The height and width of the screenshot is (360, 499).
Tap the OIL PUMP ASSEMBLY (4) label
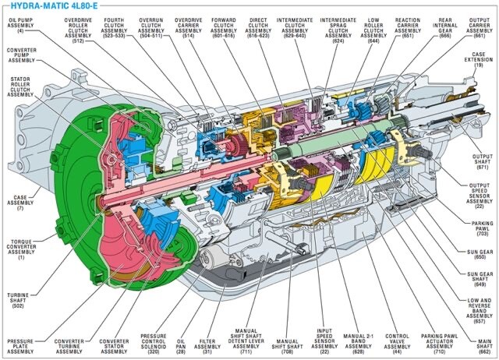pos(21,26)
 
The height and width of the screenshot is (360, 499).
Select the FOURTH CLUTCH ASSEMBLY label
pos(114,28)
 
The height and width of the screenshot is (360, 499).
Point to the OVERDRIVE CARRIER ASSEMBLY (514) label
pos(189,28)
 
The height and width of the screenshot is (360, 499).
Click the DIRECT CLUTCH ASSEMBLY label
pos(258,28)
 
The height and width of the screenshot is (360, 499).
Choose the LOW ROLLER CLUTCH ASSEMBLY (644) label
pos(373,30)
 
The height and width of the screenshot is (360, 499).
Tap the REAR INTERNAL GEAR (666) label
pos(445,28)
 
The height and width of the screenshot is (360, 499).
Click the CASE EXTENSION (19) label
pos(478,60)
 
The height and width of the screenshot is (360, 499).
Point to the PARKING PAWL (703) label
pos(483,228)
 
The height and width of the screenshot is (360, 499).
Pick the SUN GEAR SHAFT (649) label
pos(480,279)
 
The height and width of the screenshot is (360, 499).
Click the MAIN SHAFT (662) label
pos(485,346)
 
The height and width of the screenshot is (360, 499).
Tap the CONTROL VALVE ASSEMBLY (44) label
pos(397,344)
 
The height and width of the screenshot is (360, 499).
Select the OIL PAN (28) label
pos(181,346)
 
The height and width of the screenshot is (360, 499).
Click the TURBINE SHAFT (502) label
pos(18,300)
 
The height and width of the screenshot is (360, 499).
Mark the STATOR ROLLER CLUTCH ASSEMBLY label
pos(20,86)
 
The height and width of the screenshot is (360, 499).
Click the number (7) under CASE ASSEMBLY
pos(20,208)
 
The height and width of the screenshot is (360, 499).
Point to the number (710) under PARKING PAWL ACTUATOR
pos(440,351)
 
